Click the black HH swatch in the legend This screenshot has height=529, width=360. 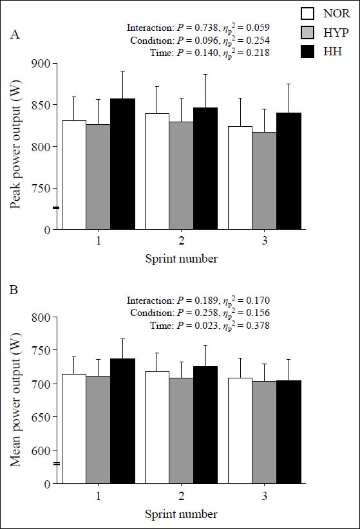(x=307, y=51)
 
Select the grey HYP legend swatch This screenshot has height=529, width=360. (x=307, y=32)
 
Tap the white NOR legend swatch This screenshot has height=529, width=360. (x=307, y=14)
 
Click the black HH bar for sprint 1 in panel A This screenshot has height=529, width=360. (x=122, y=164)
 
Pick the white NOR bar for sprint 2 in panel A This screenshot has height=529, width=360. (x=157, y=171)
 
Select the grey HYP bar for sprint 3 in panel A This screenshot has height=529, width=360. (x=264, y=181)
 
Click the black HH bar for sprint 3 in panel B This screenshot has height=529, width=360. (x=289, y=432)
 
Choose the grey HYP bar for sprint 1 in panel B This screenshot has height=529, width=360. (x=99, y=430)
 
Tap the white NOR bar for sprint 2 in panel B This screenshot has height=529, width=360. (x=157, y=428)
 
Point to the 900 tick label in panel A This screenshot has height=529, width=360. (x=41, y=64)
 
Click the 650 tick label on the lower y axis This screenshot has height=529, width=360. (x=41, y=417)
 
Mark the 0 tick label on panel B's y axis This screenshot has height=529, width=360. (x=47, y=484)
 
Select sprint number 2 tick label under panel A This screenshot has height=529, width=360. (x=182, y=241)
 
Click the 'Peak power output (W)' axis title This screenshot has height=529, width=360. (x=15, y=144)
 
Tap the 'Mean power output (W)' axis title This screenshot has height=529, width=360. (x=15, y=400)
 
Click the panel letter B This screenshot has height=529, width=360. (x=14, y=290)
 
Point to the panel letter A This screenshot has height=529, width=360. (x=15, y=34)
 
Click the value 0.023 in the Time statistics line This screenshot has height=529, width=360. (x=207, y=326)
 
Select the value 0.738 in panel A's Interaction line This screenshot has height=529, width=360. (x=207, y=28)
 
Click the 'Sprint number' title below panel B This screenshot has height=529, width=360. (x=182, y=514)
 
